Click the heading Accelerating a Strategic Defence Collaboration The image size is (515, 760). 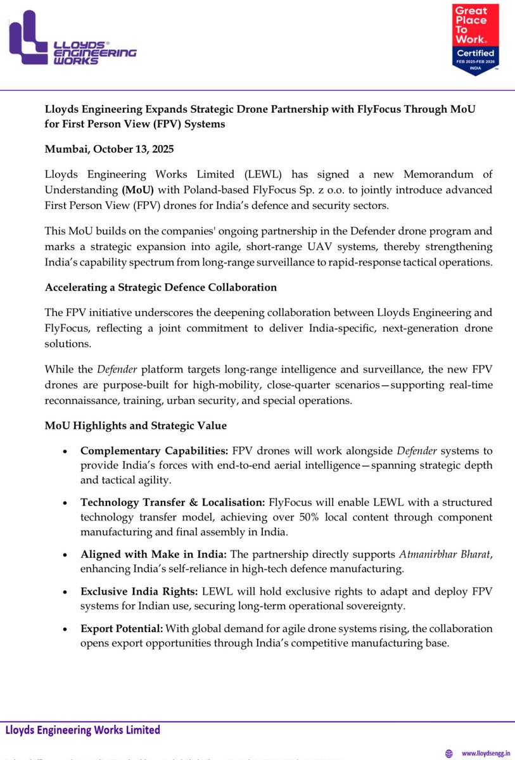tap(160, 287)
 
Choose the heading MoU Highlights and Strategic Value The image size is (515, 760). tap(136, 425)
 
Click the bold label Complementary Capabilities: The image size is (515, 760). tap(154, 450)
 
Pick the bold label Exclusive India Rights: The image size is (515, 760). tap(139, 591)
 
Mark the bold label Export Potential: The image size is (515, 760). tap(122, 628)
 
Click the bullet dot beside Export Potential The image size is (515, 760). tap(66, 629)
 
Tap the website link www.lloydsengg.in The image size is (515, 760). tap(486, 753)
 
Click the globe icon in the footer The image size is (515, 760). tap(449, 753)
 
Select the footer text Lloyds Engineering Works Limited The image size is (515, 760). tap(83, 730)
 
